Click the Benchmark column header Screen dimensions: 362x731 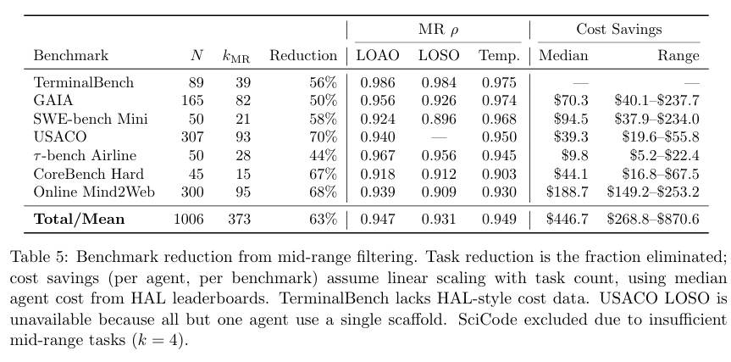(71, 56)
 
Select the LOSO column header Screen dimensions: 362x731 (437, 56)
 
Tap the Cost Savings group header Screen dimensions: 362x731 (619, 29)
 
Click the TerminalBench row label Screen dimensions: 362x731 (84, 82)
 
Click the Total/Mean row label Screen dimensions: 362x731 (79, 220)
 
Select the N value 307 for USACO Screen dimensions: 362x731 (192, 136)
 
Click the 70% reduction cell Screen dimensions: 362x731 (321, 136)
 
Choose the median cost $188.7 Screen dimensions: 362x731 (571, 191)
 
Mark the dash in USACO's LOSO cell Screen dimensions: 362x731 (437, 136)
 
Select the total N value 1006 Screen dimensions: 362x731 (189, 220)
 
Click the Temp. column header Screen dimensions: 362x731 (497, 56)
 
